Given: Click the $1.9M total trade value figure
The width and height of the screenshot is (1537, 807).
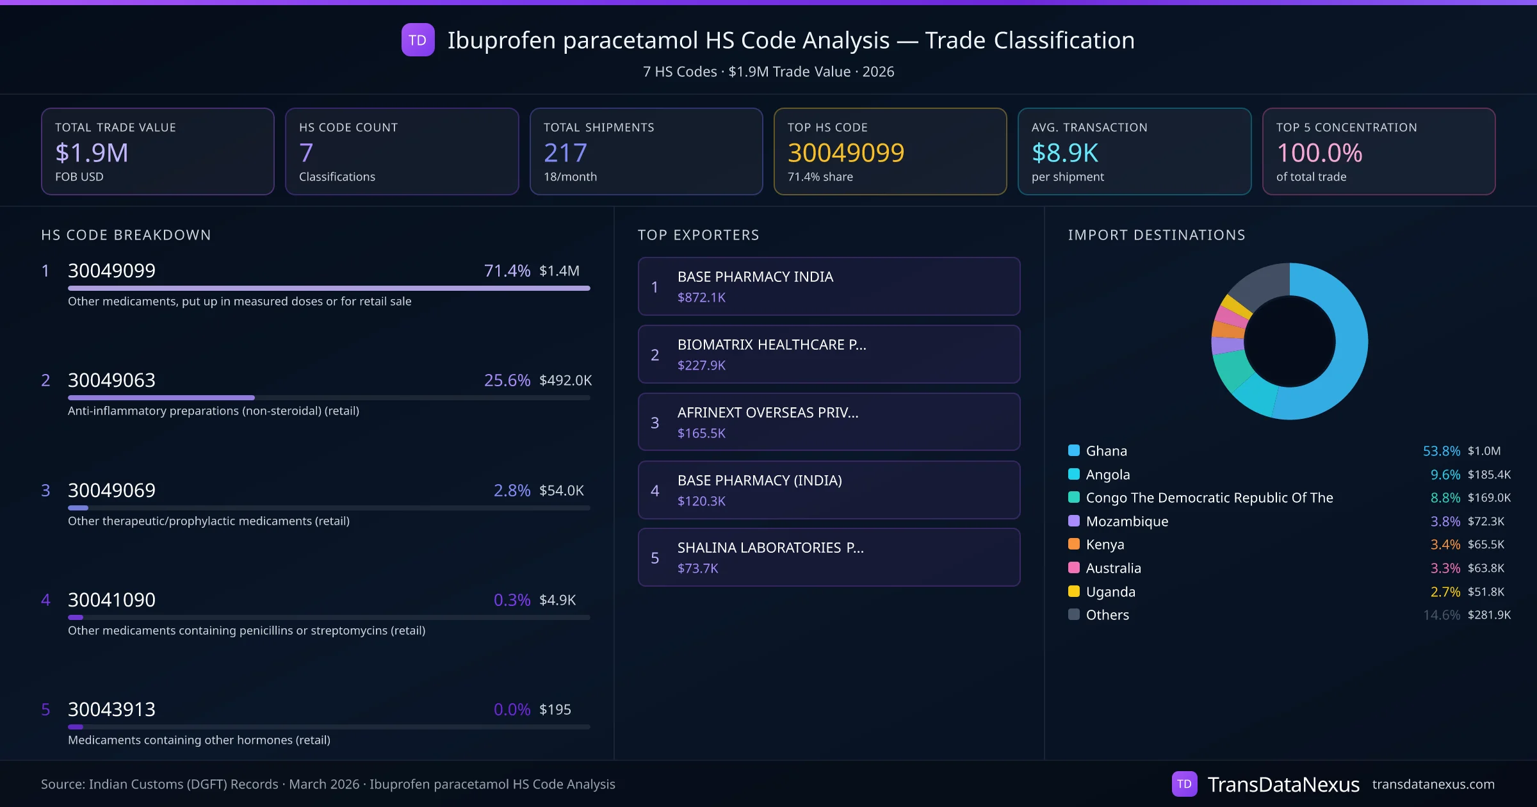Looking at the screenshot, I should click(x=92, y=152).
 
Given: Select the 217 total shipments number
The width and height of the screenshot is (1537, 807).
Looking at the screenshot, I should click(x=565, y=152).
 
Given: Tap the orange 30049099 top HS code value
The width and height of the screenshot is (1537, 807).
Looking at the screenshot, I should click(x=845, y=152).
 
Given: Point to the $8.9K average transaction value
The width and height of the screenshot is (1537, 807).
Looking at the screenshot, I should click(x=1064, y=152).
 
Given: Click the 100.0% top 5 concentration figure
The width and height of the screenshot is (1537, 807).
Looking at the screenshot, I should click(x=1319, y=152).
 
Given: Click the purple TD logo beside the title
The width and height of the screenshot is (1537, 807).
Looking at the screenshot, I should click(x=418, y=40).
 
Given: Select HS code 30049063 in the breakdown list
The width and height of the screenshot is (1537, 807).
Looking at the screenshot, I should click(x=111, y=380).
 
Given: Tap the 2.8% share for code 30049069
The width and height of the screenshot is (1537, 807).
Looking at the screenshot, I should click(x=511, y=491).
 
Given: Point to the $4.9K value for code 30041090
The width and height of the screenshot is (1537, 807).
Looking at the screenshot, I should click(x=557, y=600).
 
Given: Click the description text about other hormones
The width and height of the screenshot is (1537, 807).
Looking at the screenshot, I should click(x=199, y=740).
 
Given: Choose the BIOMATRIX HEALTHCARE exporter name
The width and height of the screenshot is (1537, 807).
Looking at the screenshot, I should click(x=771, y=345).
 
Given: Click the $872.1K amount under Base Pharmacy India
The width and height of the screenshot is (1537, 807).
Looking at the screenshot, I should click(x=701, y=298).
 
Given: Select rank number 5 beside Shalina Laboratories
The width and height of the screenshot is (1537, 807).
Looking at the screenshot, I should click(x=655, y=558).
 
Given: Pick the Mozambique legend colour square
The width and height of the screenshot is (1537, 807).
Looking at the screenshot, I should click(x=1074, y=521).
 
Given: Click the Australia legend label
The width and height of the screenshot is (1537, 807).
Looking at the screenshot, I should click(x=1113, y=568).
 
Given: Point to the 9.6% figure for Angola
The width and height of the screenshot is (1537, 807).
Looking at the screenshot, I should click(x=1445, y=475).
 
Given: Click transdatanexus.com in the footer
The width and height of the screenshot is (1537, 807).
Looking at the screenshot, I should click(x=1433, y=785).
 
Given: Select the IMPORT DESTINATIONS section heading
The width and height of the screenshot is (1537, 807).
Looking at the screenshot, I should click(x=1156, y=235).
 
